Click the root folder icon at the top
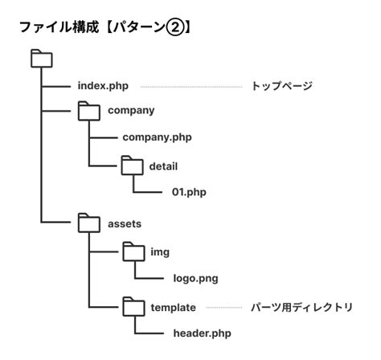tap(40, 58)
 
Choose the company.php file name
tap(158, 137)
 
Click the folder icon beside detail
tap(131, 166)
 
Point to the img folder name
tap(159, 252)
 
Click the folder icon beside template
tap(131, 307)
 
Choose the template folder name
tap(174, 307)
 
